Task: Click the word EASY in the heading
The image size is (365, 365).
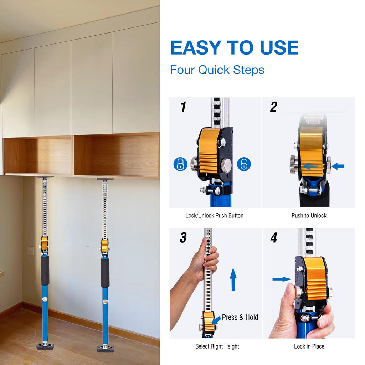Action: pyautogui.click(x=196, y=48)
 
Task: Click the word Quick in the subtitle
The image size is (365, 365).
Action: pyautogui.click(x=214, y=70)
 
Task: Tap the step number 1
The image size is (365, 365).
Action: pyautogui.click(x=184, y=107)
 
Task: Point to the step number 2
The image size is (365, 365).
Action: pyautogui.click(x=274, y=107)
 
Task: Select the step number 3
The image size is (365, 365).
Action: pyautogui.click(x=183, y=238)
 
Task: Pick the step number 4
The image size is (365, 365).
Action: pyautogui.click(x=274, y=238)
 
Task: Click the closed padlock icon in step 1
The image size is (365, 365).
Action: pyautogui.click(x=180, y=164)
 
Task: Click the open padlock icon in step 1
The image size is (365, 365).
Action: pyautogui.click(x=244, y=164)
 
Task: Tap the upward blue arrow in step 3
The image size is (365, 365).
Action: pyautogui.click(x=233, y=279)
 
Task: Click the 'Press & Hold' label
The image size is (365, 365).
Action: pyautogui.click(x=240, y=317)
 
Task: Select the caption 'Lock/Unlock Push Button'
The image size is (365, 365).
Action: pyautogui.click(x=214, y=216)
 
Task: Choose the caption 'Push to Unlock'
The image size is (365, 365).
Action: pyautogui.click(x=309, y=216)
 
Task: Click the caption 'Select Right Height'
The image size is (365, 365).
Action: pyautogui.click(x=217, y=346)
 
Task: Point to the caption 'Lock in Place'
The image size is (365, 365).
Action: pyautogui.click(x=309, y=346)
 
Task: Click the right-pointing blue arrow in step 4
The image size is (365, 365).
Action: pyautogui.click(x=282, y=279)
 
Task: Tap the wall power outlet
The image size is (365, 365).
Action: pyautogui.click(x=31, y=251)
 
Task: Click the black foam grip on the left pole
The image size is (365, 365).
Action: pyautogui.click(x=45, y=271)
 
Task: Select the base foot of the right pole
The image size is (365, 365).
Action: pyautogui.click(x=106, y=348)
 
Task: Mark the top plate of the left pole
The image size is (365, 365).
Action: pyautogui.click(x=45, y=177)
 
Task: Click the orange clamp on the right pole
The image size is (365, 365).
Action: pyautogui.click(x=105, y=246)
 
